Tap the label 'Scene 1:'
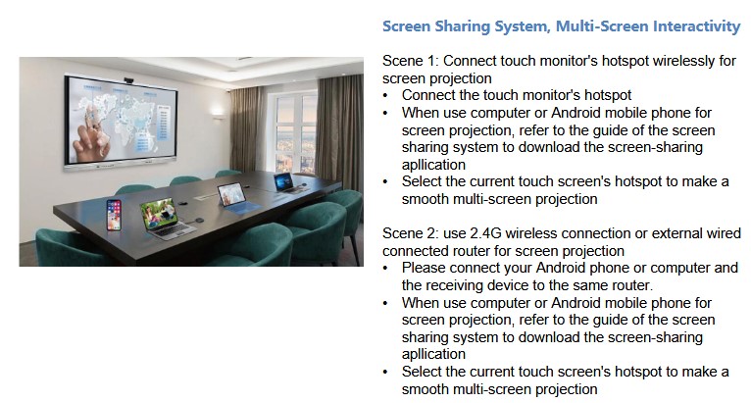[x=411, y=62]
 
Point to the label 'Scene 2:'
[x=411, y=233]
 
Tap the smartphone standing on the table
[x=114, y=215]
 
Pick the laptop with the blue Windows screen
[x=286, y=182]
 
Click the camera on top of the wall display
[x=128, y=80]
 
